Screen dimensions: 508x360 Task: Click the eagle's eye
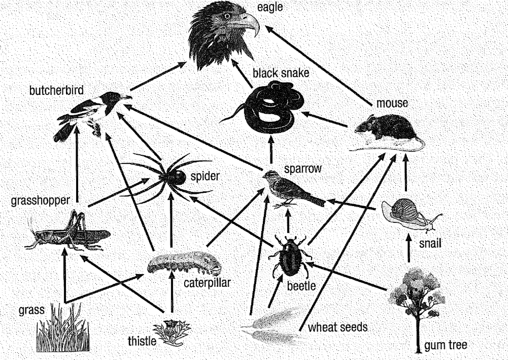click(x=228, y=16)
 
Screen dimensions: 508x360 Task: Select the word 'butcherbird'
click(x=56, y=91)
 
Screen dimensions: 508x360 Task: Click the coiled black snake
click(x=268, y=106)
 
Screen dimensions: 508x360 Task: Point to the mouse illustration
click(x=387, y=129)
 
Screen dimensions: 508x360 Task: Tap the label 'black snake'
click(x=281, y=73)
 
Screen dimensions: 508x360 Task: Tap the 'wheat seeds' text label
click(x=337, y=327)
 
